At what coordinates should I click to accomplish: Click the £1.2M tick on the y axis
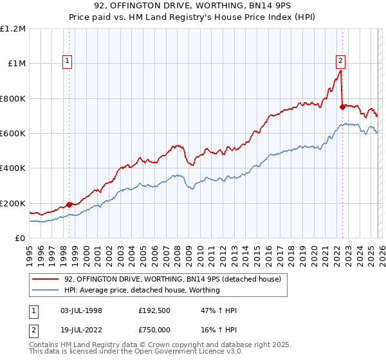pos(13,29)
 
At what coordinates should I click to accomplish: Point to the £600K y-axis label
pos(13,134)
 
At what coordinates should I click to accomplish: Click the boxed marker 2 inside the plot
pos(340,62)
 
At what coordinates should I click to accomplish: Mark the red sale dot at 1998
pos(69,204)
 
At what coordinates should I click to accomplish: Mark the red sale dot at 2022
pos(342,107)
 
